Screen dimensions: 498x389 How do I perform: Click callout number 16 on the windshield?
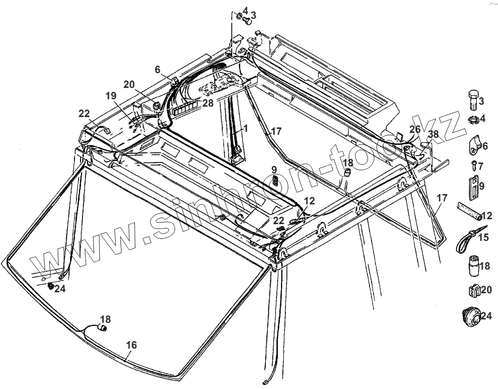pos(131,345)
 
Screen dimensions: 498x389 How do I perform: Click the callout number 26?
pos(415,129)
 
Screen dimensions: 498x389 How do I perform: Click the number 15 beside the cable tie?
pos(483,237)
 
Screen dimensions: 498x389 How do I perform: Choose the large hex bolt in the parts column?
pos(473,100)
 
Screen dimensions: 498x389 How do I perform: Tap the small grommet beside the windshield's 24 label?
pos(51,286)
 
